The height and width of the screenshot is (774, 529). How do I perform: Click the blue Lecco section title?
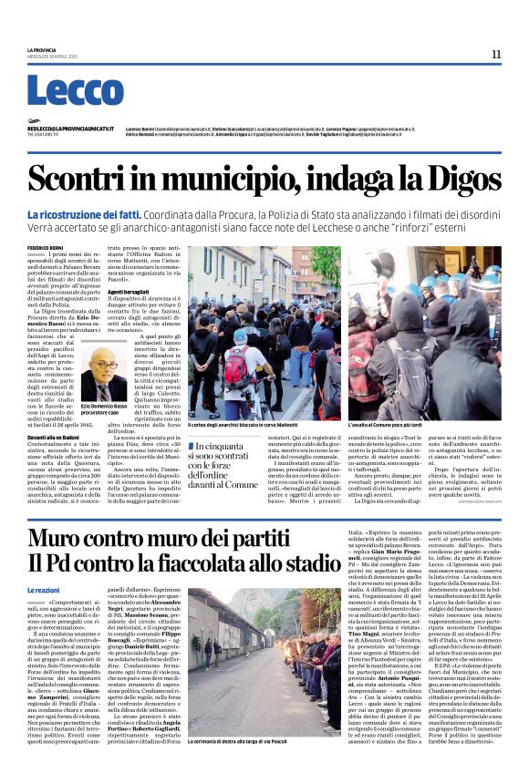click(62, 91)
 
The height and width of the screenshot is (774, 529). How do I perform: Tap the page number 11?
click(496, 54)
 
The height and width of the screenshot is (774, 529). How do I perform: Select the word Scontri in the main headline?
click(83, 179)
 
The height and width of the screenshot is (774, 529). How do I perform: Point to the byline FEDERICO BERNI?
click(46, 248)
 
